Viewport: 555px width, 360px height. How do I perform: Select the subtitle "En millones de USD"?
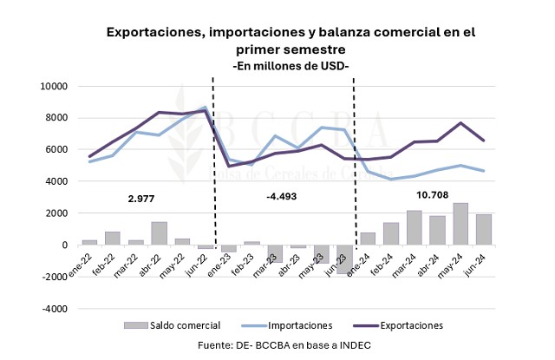click(x=291, y=66)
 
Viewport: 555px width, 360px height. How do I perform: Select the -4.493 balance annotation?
click(x=281, y=197)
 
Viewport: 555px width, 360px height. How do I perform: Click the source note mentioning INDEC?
click(x=283, y=346)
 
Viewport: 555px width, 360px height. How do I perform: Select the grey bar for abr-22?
click(x=159, y=233)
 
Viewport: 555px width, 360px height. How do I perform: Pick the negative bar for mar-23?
click(x=275, y=254)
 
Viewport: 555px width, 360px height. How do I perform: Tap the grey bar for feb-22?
click(x=112, y=239)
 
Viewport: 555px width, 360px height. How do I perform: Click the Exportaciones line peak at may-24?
click(x=461, y=123)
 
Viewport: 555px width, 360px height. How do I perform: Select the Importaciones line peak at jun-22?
click(x=205, y=107)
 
